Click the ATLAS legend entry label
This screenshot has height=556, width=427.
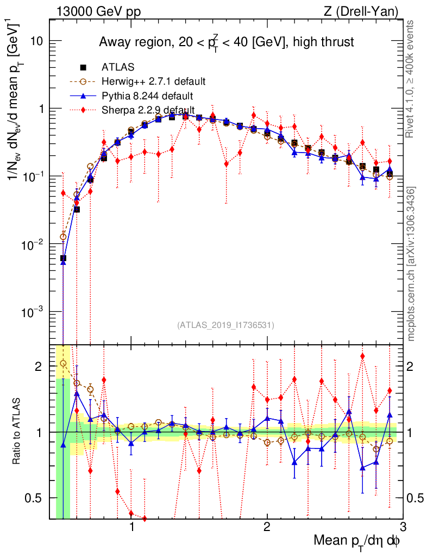click(x=118, y=67)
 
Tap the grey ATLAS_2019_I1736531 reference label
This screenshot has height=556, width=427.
click(x=225, y=326)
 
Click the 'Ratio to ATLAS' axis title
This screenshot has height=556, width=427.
click(x=16, y=432)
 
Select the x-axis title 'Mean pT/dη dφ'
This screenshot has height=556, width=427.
click(x=358, y=541)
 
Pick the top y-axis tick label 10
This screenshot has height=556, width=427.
click(x=37, y=41)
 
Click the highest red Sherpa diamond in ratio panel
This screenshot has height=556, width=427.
click(x=362, y=356)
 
